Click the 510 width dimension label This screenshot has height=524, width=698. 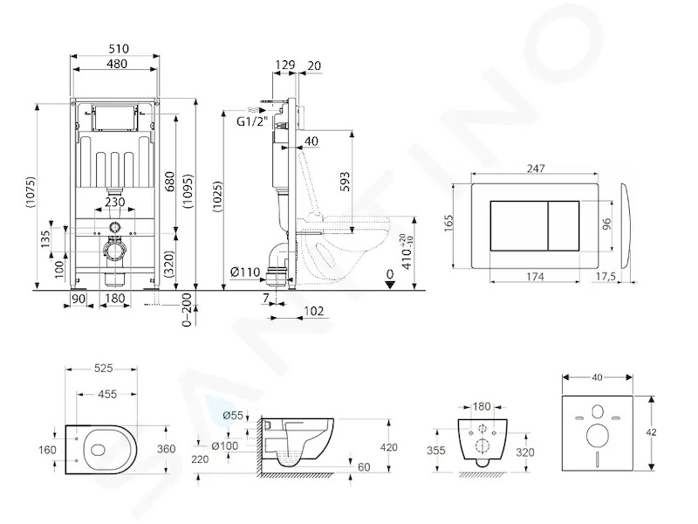click(119, 48)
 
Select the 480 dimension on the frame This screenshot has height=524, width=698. click(117, 64)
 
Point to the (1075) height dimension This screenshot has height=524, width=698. click(31, 193)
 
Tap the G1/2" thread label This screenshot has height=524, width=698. click(252, 121)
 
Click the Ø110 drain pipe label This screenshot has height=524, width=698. click(245, 272)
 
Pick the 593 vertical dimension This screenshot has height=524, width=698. click(345, 182)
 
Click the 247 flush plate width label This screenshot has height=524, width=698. click(536, 169)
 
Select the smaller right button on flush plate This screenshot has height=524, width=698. click(563, 225)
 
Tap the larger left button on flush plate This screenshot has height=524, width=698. click(519, 225)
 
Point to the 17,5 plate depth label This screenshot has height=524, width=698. click(606, 277)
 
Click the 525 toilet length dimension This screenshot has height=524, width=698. click(104, 368)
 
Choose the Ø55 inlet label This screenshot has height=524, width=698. click(233, 416)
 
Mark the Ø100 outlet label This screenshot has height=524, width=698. click(225, 445)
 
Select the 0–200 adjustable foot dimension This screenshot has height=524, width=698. click(187, 310)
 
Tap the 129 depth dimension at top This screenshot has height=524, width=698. click(285, 65)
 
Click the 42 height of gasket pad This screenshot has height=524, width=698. click(651, 432)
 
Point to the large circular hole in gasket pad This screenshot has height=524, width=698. click(597, 435)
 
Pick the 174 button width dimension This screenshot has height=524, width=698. click(535, 277)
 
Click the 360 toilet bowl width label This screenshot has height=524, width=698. click(166, 449)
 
